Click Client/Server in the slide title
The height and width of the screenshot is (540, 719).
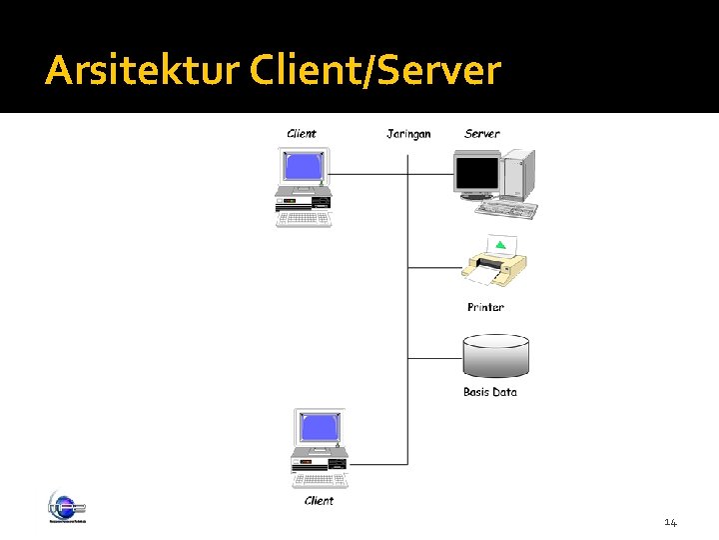tap(375, 71)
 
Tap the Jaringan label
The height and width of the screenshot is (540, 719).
tap(408, 134)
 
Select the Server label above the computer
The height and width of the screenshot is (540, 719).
tap(482, 134)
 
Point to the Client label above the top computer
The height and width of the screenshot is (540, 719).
tap(302, 134)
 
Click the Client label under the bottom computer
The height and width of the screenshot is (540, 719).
tap(319, 501)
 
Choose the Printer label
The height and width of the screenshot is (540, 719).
tap(485, 307)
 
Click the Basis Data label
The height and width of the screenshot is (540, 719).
tap(490, 392)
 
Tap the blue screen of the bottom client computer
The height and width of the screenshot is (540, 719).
tap(319, 427)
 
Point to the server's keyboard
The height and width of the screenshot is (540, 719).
tap(506, 208)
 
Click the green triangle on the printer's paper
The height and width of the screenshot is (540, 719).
tap(500, 245)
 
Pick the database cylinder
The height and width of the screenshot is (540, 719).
tap(496, 356)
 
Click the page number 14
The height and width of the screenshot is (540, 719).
tap(670, 523)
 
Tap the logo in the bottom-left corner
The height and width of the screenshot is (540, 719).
tap(67, 507)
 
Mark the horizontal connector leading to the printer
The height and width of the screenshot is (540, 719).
tap(434, 268)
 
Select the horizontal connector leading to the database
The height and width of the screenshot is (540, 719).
tap(434, 357)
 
